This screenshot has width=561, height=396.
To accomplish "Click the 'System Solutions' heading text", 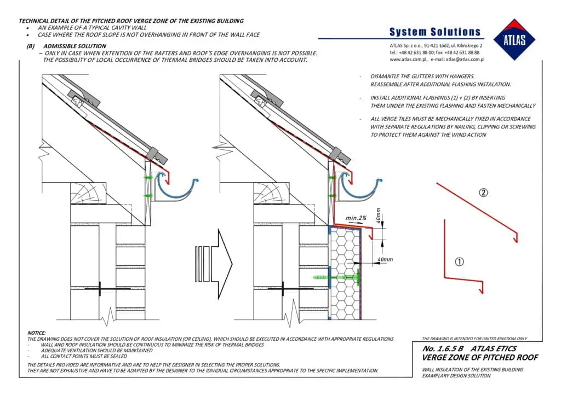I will [434, 32].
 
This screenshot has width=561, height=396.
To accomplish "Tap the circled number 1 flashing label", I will [460, 262].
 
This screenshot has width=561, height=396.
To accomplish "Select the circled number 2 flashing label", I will [483, 193].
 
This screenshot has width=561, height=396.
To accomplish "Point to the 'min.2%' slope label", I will [357, 218].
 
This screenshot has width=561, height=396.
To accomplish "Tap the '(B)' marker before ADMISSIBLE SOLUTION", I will [31, 46].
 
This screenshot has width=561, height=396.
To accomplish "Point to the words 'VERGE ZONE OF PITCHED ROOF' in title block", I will [479, 357].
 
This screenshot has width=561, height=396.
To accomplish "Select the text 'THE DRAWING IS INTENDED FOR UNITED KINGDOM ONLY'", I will [474, 339].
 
